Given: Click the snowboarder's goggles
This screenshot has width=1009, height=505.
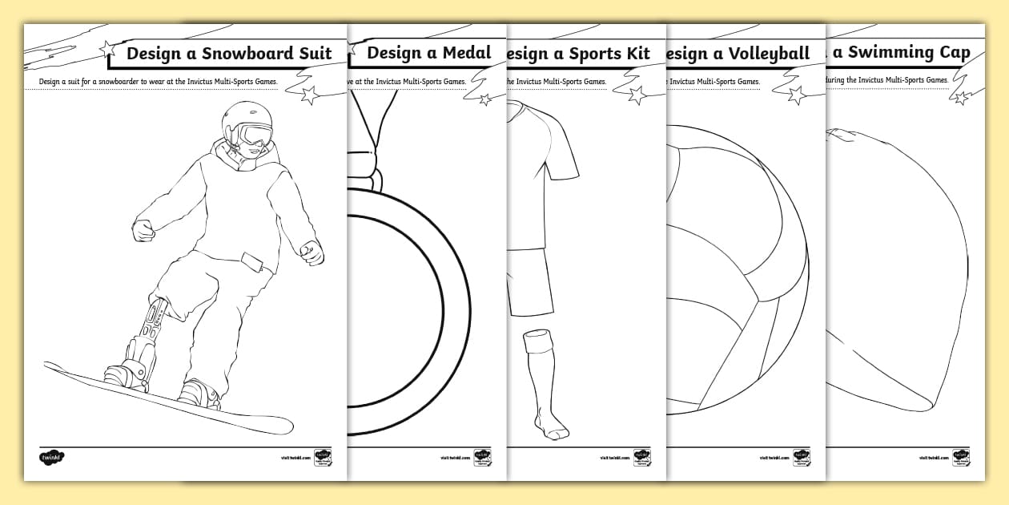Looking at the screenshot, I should click(x=255, y=134).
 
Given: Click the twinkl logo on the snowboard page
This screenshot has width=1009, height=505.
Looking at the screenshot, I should click(x=51, y=458).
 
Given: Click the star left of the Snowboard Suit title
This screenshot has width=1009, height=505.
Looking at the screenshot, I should click(x=107, y=49).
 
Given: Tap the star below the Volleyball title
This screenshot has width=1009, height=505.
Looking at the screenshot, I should click(x=796, y=95).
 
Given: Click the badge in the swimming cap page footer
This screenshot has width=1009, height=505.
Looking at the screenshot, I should click(x=960, y=458).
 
